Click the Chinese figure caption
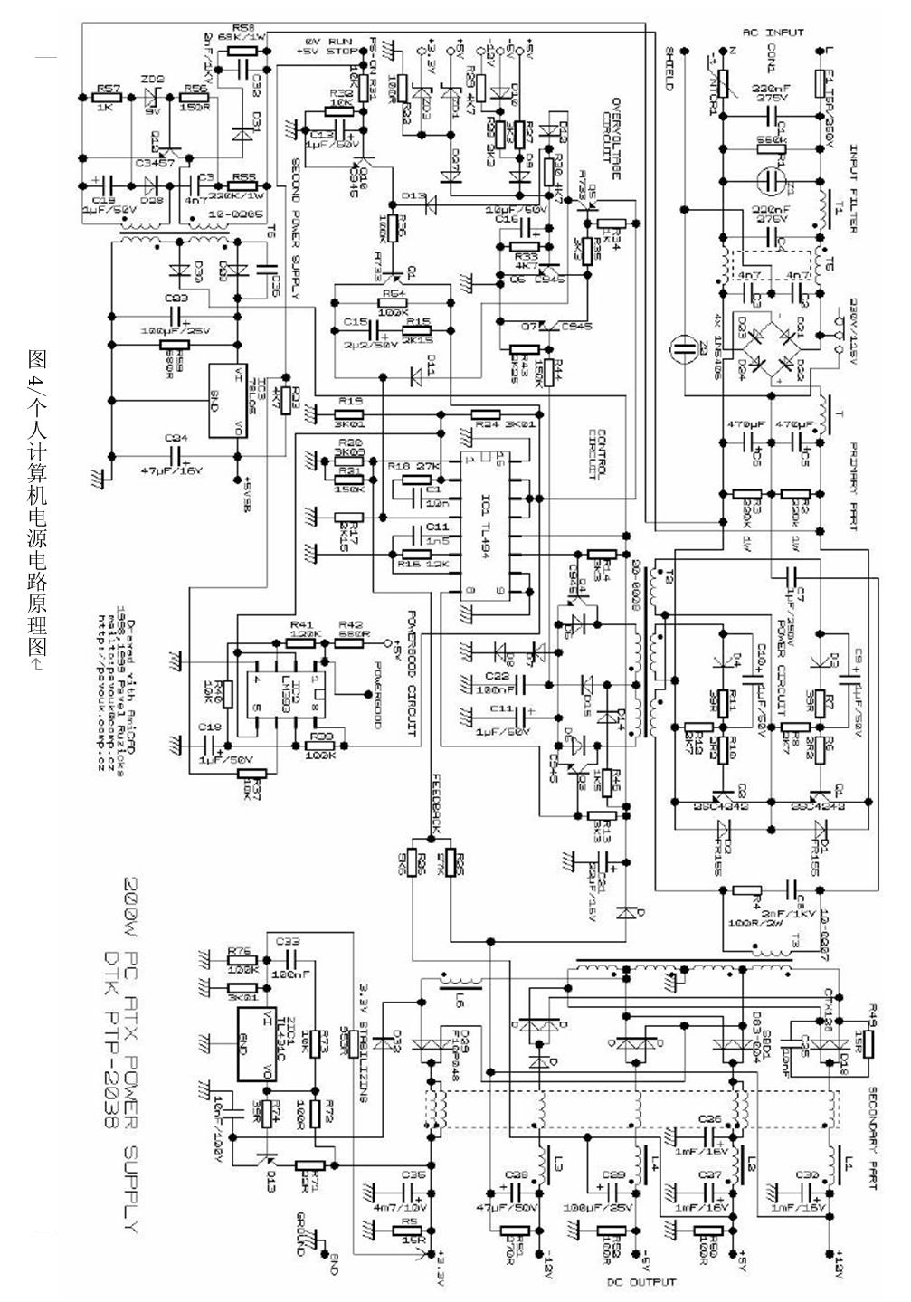(x=35, y=506)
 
